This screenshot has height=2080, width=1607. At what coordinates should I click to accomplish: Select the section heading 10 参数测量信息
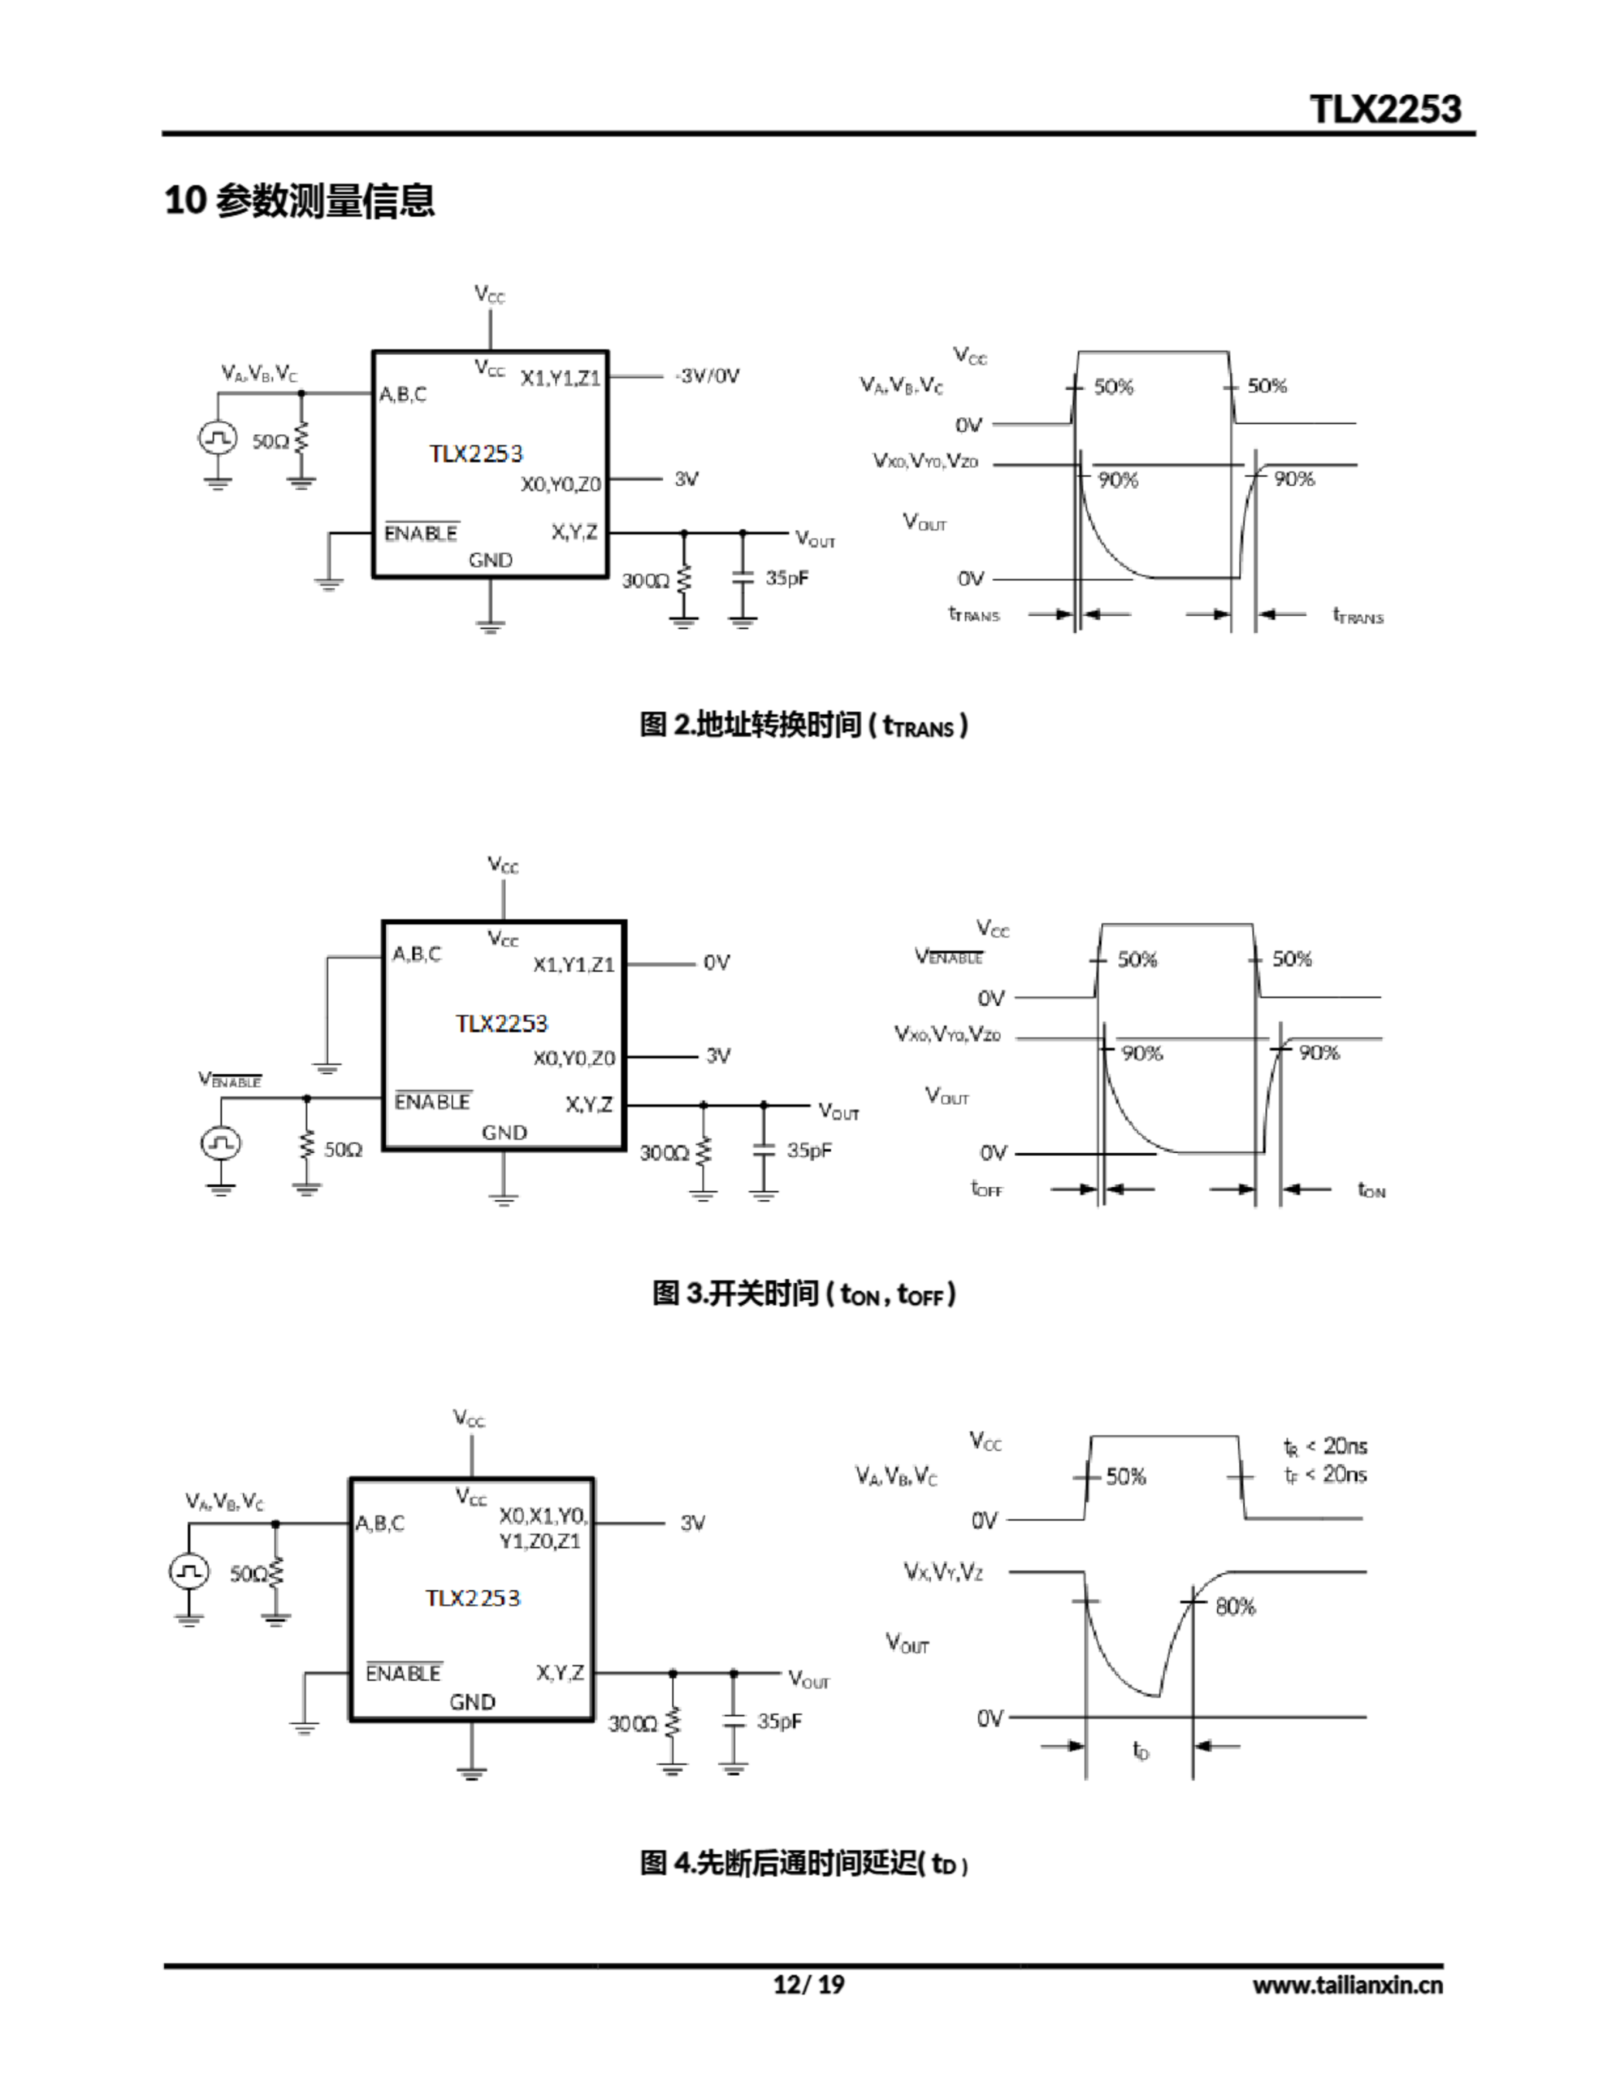pyautogui.click(x=299, y=201)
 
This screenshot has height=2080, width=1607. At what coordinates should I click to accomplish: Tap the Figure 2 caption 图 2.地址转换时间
pyautogui.click(x=803, y=725)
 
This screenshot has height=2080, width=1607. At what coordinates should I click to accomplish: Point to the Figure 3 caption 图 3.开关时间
pyautogui.click(x=803, y=1293)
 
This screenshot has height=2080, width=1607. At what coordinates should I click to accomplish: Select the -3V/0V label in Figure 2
pyautogui.click(x=707, y=376)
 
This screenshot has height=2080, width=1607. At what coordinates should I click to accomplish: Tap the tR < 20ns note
pyautogui.click(x=1325, y=1447)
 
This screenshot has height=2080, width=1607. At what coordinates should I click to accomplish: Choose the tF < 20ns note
pyautogui.click(x=1325, y=1475)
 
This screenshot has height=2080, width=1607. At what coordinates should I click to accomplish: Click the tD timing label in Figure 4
pyautogui.click(x=1140, y=1749)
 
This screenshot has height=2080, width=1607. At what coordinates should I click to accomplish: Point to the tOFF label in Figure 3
pyautogui.click(x=987, y=1189)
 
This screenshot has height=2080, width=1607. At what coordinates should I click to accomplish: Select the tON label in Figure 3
pyautogui.click(x=1371, y=1189)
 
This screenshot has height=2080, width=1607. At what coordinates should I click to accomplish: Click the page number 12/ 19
pyautogui.click(x=808, y=1984)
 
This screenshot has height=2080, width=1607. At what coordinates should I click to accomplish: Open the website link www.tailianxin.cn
pyautogui.click(x=1347, y=1985)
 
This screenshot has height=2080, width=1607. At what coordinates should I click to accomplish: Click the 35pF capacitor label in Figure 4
pyautogui.click(x=779, y=1721)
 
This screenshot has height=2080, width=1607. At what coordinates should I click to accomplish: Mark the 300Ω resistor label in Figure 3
pyautogui.click(x=664, y=1152)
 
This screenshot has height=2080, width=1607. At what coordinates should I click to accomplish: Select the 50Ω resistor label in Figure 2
pyautogui.click(x=270, y=441)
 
